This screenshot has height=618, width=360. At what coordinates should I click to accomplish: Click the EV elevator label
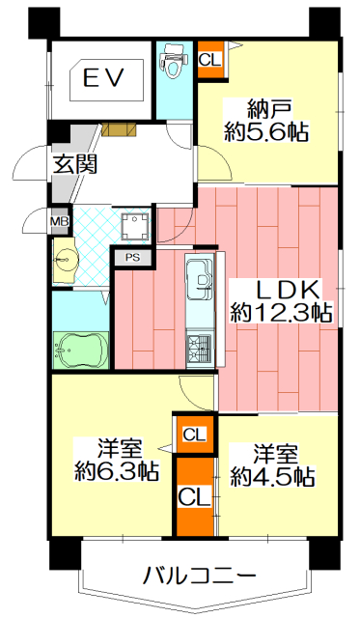(104, 77)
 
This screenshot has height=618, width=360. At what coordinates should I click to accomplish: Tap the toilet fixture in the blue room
(173, 61)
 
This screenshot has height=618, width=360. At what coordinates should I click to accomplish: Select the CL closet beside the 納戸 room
(210, 60)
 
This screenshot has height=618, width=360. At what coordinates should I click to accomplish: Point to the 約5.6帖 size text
(266, 132)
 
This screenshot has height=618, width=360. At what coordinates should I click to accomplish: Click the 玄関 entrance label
(75, 164)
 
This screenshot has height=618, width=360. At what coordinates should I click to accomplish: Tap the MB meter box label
(60, 221)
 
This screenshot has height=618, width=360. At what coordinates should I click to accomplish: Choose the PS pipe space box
(133, 258)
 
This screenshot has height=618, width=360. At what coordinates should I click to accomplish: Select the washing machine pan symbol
(136, 226)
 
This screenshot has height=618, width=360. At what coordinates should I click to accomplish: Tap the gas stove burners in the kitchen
(201, 348)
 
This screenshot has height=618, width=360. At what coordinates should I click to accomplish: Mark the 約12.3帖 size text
(281, 313)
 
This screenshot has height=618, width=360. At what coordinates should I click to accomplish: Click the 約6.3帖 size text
(117, 470)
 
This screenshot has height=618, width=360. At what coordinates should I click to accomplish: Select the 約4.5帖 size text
(272, 476)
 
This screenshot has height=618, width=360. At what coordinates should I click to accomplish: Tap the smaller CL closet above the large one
(195, 435)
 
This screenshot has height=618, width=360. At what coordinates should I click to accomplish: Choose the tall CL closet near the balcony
(195, 496)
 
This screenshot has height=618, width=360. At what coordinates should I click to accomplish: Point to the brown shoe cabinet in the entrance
(119, 128)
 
